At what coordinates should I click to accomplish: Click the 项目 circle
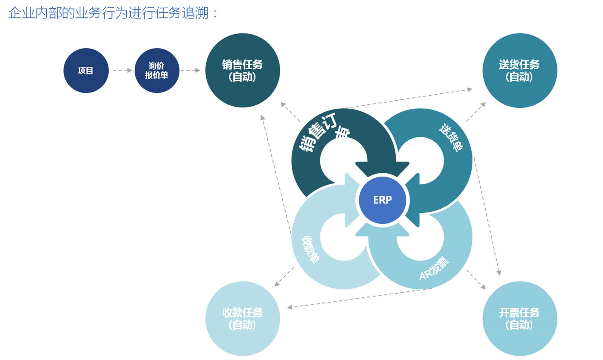tap(86, 71)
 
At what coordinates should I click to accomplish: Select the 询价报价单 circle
tap(156, 71)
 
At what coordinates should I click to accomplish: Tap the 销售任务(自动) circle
tap(242, 70)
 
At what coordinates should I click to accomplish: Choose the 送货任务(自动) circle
tap(519, 70)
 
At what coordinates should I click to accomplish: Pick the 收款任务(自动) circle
tap(242, 319)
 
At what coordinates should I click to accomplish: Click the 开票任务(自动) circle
tap(519, 319)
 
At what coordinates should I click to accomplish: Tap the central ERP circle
tap(382, 200)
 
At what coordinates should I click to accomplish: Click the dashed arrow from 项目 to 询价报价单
tap(122, 70)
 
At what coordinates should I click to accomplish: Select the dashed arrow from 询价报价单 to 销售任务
tap(190, 70)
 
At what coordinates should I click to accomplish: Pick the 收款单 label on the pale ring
tap(311, 249)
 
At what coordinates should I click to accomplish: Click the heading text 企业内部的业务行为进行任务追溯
tap(113, 13)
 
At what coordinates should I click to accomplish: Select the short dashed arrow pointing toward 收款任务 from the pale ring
tap(284, 277)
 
